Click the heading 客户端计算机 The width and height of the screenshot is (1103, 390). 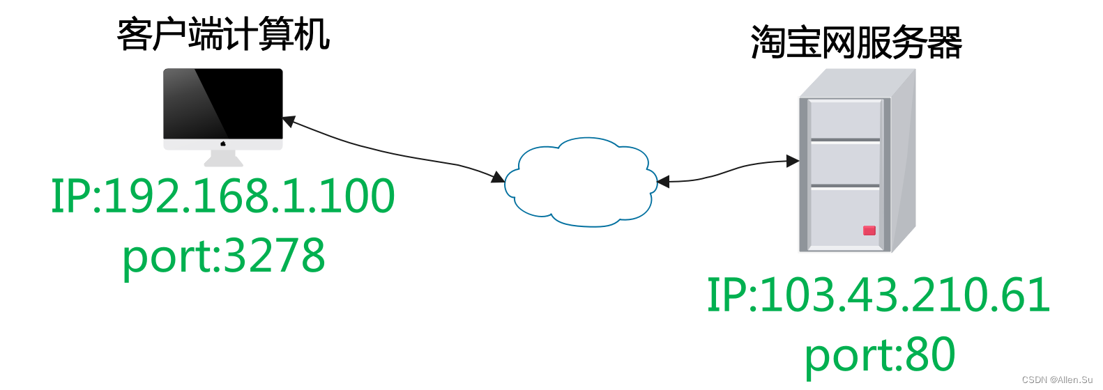click(x=223, y=35)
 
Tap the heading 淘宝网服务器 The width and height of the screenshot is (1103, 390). click(x=856, y=42)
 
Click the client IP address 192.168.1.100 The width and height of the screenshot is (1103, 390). click(x=223, y=196)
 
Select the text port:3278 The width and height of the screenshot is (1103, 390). click(x=223, y=256)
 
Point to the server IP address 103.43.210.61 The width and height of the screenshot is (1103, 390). click(x=878, y=295)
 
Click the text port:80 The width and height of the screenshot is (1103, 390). click(x=879, y=354)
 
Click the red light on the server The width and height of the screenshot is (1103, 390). click(x=869, y=231)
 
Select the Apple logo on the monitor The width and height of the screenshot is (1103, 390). click(x=223, y=143)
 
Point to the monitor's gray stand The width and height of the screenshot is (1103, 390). click(x=223, y=159)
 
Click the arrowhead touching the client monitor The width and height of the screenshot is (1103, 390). click(x=289, y=122)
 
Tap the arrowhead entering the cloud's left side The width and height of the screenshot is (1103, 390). click(x=498, y=178)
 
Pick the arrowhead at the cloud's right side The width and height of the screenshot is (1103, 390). click(x=663, y=182)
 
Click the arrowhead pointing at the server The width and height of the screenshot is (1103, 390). click(x=793, y=161)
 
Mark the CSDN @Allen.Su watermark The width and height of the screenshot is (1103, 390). click(x=1057, y=380)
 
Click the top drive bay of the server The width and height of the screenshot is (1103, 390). click(x=845, y=119)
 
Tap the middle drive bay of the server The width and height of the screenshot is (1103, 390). click(x=845, y=163)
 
